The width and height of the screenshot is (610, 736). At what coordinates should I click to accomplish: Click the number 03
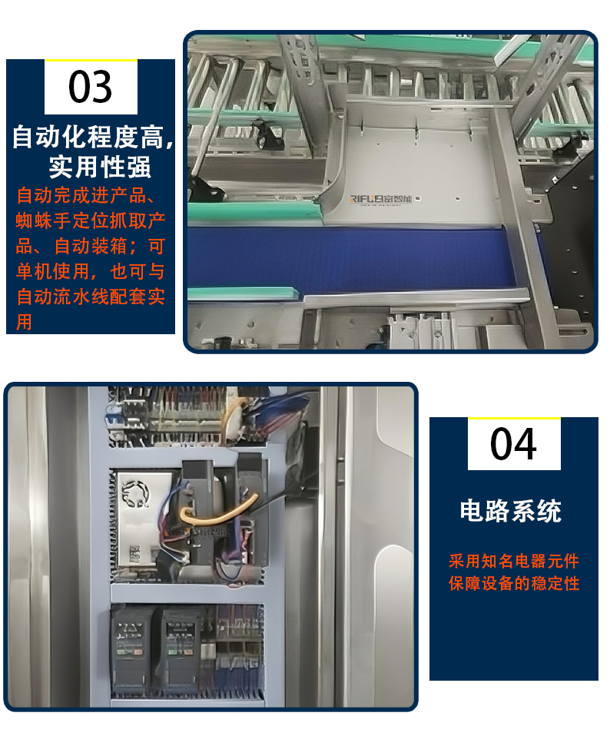[x=91, y=87]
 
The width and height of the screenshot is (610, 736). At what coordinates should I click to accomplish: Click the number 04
[x=513, y=444]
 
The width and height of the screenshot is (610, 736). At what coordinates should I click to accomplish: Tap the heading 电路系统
[x=511, y=511]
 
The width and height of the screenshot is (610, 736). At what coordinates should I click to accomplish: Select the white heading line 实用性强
[x=100, y=167]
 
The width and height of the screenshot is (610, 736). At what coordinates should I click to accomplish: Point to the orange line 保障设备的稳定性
[x=514, y=583]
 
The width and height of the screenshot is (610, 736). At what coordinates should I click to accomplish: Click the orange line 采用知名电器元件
[x=514, y=561]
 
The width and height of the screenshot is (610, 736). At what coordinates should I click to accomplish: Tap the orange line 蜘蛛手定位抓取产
[x=91, y=220]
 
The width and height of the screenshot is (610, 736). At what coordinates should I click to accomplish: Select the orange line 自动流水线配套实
[x=91, y=297]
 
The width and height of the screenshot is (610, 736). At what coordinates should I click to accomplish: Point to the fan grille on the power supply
[x=135, y=493]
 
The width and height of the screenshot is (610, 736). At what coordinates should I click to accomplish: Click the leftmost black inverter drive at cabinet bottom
[x=130, y=649]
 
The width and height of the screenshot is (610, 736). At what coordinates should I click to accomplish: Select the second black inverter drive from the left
[x=181, y=649]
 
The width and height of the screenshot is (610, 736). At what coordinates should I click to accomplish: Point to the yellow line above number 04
[x=514, y=417]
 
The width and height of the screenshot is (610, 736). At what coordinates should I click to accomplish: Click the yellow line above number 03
[x=91, y=60]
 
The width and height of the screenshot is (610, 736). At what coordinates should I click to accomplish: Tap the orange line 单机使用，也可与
[x=91, y=271]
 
